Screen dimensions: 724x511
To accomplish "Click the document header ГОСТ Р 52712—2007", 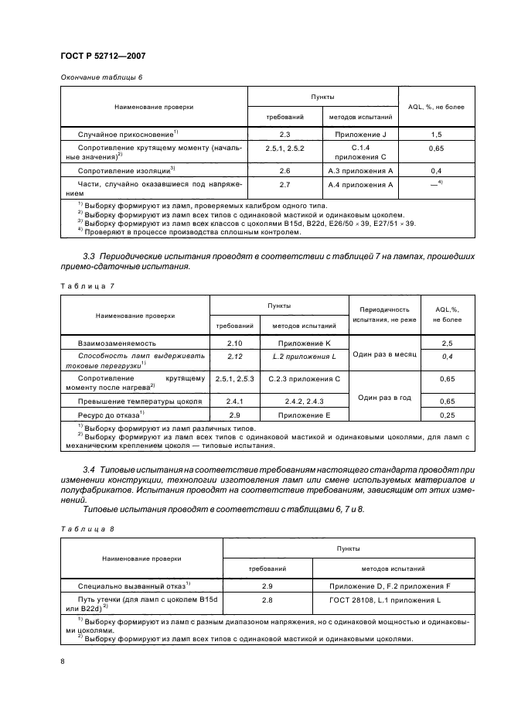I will (x=102, y=55).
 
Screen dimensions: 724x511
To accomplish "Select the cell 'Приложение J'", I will (x=361, y=135).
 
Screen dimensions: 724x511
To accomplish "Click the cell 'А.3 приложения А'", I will (x=361, y=169).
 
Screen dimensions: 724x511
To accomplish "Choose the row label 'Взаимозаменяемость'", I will (x=117, y=342).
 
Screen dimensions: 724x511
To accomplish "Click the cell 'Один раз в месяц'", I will (x=384, y=353).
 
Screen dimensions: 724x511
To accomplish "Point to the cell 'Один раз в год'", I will (x=384, y=397).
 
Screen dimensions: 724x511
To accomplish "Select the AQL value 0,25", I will (x=446, y=415).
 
